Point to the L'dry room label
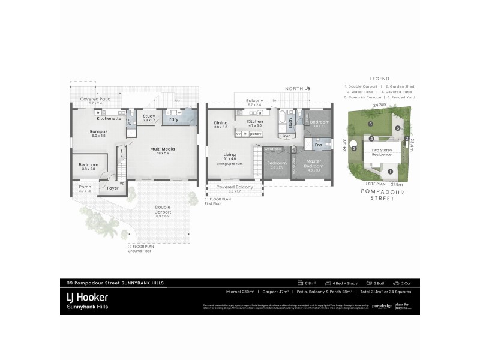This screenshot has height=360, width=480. click(x=173, y=119)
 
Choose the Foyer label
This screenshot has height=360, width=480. click(x=113, y=188)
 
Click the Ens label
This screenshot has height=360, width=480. click(x=319, y=145)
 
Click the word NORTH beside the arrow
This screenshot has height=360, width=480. click(x=294, y=88)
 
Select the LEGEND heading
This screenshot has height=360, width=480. click(x=379, y=79)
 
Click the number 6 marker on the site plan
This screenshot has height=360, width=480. click(x=371, y=124)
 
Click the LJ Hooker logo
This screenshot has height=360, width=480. click(x=86, y=296)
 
